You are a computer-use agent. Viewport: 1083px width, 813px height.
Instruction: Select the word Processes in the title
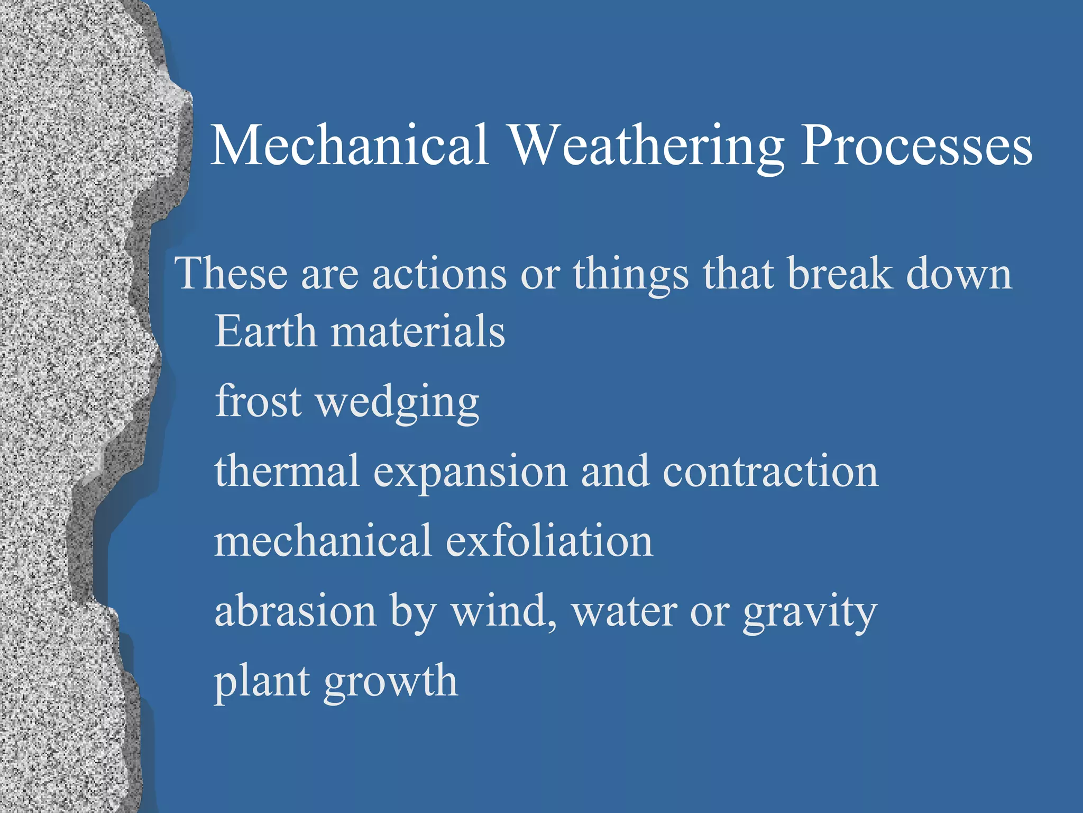[x=916, y=145]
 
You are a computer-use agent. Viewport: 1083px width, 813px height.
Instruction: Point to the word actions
[x=439, y=275]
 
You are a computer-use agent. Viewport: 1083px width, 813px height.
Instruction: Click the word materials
[x=418, y=331]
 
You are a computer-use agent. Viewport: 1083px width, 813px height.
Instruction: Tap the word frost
[x=259, y=401]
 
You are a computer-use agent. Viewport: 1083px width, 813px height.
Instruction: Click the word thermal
[x=287, y=471]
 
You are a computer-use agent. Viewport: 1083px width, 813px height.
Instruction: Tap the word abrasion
[x=295, y=611]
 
